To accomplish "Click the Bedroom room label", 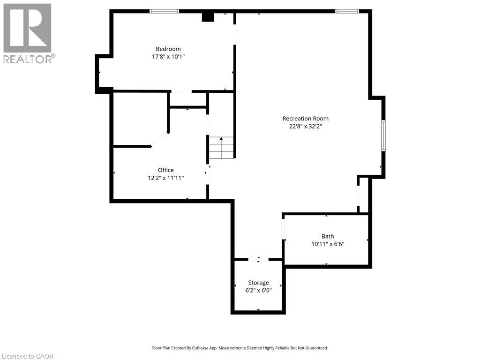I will tap(168, 49).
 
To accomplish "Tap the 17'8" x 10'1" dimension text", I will tap(168, 56).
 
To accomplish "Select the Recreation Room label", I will tap(305, 119).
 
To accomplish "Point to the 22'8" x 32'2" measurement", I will tap(305, 126).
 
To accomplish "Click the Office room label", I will tap(165, 170).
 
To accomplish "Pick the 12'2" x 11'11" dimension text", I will tap(165, 178).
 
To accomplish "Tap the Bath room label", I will tap(328, 236).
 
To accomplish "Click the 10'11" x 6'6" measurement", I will tap(328, 244).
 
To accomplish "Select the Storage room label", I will tap(258, 283).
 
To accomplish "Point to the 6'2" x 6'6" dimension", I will tap(258, 290).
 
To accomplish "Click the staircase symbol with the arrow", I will tap(221, 147).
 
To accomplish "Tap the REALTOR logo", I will tap(28, 33).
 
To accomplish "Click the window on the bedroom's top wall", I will tap(164, 11).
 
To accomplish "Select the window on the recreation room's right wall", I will tap(383, 135).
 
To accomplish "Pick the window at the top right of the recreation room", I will tap(347, 11).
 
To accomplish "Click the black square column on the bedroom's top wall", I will tap(208, 17).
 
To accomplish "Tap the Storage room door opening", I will tap(258, 259).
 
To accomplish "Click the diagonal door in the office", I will tap(159, 140).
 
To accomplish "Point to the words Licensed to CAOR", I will tap(28, 356).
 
